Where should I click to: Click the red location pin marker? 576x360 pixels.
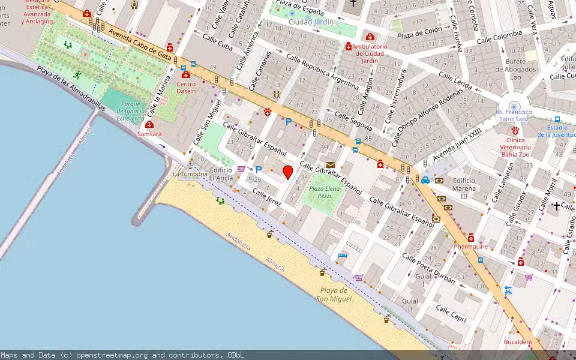[288, 172]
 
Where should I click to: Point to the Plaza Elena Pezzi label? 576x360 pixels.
[324, 192]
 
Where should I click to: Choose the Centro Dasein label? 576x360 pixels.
[186, 88]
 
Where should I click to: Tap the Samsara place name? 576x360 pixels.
[149, 134]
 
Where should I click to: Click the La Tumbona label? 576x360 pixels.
[190, 174]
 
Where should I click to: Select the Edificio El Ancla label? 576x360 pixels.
[221, 174]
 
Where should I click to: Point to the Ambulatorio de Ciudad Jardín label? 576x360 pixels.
[370, 53]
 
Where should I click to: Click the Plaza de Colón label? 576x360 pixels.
[419, 32]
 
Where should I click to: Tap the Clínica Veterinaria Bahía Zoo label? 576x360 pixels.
[515, 147]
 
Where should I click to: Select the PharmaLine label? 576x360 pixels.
[470, 247]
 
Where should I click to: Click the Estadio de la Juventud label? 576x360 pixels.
[556, 131]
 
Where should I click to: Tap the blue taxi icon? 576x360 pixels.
[425, 179]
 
